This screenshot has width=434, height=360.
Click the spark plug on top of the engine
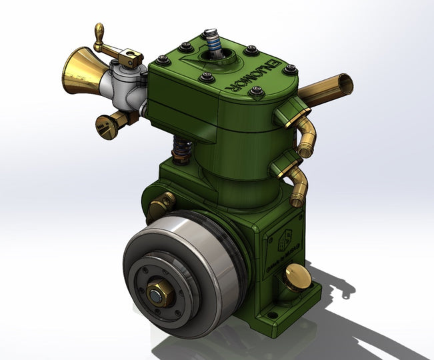tap(215, 41)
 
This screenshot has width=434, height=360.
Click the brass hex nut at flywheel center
tap(158, 294)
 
